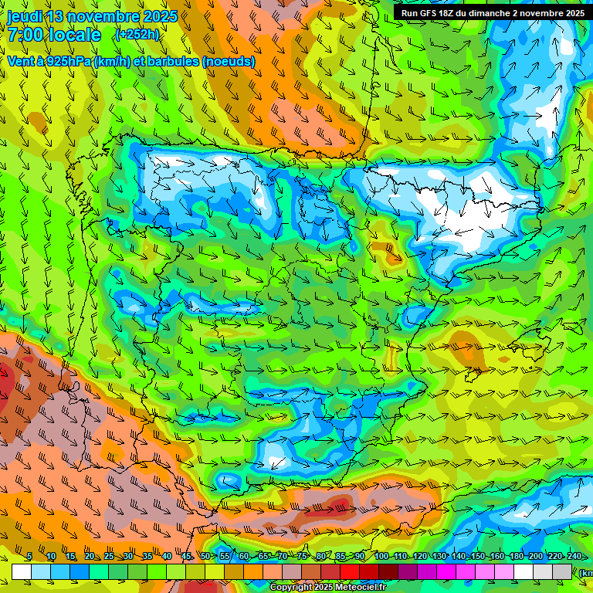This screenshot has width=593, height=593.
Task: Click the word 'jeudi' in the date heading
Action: [25, 16]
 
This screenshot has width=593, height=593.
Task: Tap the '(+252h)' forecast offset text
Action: [137, 34]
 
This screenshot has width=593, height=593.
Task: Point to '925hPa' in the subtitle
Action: [67, 61]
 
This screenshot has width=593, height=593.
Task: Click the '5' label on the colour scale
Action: [29, 557]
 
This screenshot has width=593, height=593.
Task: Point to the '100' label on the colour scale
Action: [381, 557]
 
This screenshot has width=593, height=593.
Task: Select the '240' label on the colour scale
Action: [574, 557]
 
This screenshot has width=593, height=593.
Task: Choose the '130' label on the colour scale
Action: [439, 557]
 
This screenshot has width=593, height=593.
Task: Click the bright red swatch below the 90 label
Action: [350, 571]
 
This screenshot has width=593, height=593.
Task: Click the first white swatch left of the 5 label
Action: [22, 571]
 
